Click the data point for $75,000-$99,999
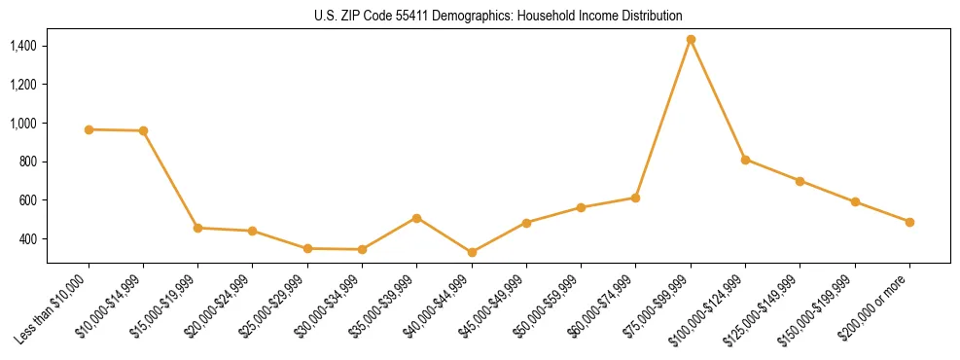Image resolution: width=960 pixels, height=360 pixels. point(691,40)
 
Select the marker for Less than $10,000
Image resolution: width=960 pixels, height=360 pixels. point(89,129)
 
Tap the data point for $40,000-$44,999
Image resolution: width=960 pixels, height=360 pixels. point(472,252)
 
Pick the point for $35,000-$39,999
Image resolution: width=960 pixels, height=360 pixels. point(416,218)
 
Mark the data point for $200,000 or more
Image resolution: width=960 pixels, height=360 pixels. point(909,222)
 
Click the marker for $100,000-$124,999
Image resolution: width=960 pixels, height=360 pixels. point(745,160)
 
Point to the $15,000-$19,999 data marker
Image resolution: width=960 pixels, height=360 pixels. point(198,228)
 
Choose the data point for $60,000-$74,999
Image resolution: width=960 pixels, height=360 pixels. point(635,198)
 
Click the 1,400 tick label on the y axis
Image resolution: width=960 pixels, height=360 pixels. point(23,46)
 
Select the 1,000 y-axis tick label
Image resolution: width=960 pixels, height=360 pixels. point(23,124)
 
